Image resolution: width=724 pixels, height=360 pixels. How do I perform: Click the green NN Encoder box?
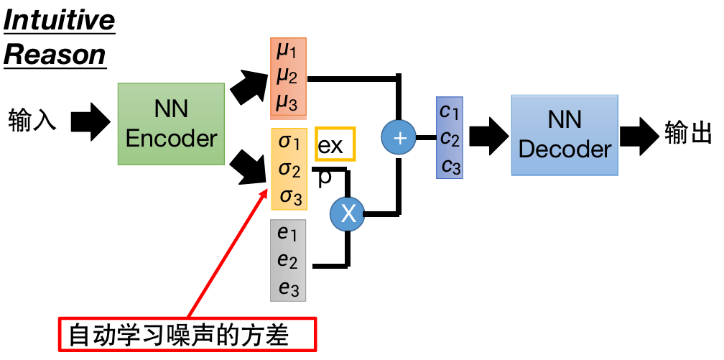click(x=171, y=124)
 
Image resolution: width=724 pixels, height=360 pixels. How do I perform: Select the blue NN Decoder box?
click(x=565, y=134)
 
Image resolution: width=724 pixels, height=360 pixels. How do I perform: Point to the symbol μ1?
click(x=287, y=51)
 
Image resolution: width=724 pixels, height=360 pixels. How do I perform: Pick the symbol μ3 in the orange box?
click(x=287, y=103)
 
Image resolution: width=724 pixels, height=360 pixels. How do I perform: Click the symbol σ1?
click(x=289, y=141)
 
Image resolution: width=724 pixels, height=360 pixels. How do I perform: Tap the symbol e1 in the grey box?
click(x=287, y=233)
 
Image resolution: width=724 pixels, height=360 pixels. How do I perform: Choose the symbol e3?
click(x=288, y=288)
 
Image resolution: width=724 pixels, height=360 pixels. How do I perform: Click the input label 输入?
click(x=32, y=119)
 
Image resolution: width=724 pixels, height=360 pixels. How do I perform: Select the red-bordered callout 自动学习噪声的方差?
click(x=187, y=334)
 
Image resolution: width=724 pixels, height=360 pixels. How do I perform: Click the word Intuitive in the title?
click(x=59, y=20)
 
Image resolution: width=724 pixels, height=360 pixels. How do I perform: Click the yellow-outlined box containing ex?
click(x=335, y=146)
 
